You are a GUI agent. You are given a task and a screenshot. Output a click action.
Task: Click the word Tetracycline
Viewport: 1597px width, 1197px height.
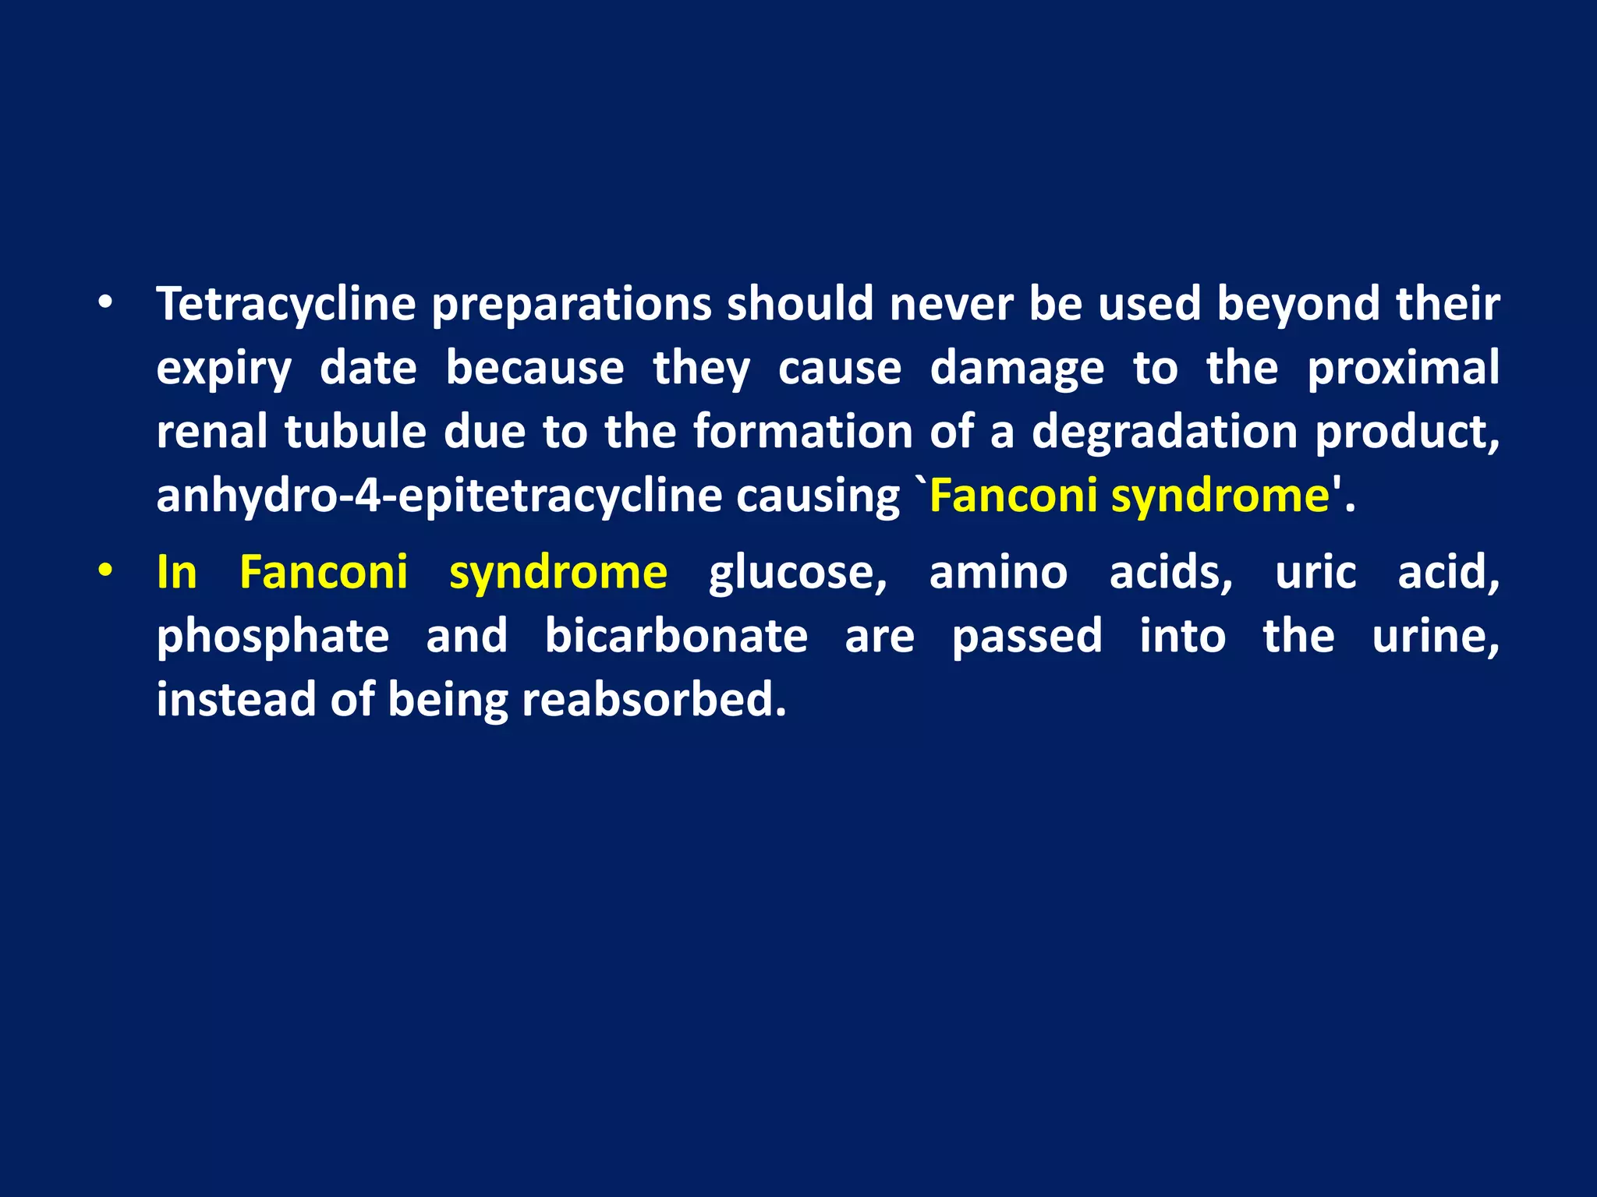(285, 304)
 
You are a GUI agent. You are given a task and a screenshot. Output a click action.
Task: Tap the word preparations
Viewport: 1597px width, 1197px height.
(571, 304)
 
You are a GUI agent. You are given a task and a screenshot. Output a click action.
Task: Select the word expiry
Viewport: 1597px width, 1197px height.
(224, 369)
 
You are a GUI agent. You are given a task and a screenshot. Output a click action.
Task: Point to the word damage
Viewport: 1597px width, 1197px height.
(1017, 368)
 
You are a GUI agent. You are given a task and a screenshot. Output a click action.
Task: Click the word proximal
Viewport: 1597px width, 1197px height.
(1403, 368)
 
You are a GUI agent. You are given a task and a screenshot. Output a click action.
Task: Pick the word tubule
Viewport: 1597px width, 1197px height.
(355, 432)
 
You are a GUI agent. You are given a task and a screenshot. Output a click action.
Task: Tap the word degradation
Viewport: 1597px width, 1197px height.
(1164, 432)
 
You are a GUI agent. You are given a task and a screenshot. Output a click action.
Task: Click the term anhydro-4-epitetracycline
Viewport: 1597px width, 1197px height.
(439, 496)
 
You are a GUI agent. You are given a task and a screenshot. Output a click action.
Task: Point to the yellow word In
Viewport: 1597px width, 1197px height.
(177, 572)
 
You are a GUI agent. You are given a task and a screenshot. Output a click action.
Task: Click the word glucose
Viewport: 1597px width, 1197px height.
(797, 574)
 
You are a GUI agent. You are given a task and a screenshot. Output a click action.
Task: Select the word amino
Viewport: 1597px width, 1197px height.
(998, 572)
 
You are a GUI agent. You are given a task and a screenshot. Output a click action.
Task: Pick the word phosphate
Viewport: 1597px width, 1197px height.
(273, 637)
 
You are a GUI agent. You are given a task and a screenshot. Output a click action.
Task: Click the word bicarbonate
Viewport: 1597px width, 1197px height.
(676, 636)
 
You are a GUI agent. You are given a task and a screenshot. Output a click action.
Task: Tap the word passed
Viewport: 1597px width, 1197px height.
(1027, 637)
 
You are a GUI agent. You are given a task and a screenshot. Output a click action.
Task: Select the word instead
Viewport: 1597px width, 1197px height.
(235, 699)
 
